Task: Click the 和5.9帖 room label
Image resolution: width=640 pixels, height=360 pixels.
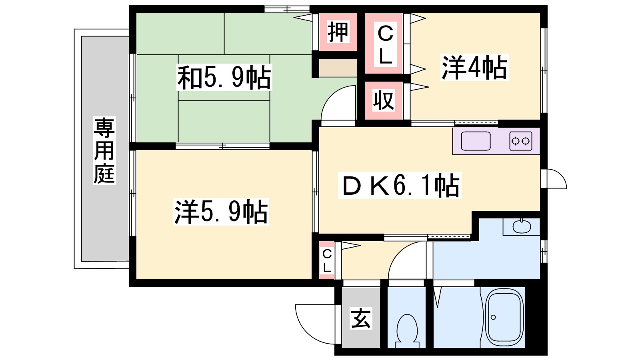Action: coord(224,78)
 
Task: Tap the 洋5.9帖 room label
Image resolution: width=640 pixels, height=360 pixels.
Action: coord(221,212)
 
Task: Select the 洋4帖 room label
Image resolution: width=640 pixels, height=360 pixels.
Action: coord(474,67)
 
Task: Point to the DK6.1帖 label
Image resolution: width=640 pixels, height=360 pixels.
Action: coord(400,185)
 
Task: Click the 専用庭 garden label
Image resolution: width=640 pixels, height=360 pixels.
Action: coord(104,150)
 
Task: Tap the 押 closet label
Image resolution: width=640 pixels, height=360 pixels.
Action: coord(338,32)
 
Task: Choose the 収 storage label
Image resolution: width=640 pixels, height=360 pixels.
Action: coord(384,100)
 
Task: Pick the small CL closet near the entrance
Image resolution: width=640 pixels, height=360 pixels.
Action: coord(326,260)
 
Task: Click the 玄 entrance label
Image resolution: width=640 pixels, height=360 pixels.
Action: coord(361,318)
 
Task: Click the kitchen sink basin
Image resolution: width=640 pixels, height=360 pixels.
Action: coord(476,141)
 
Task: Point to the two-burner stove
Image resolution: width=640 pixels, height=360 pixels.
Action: coord(520,141)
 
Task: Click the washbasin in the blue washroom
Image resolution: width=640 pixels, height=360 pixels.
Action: coord(522,226)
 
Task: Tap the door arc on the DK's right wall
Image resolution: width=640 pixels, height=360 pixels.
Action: coord(560,175)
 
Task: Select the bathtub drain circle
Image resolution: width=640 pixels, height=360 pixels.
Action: coord(493,317)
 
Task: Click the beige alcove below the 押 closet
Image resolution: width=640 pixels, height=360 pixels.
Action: coord(338,68)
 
